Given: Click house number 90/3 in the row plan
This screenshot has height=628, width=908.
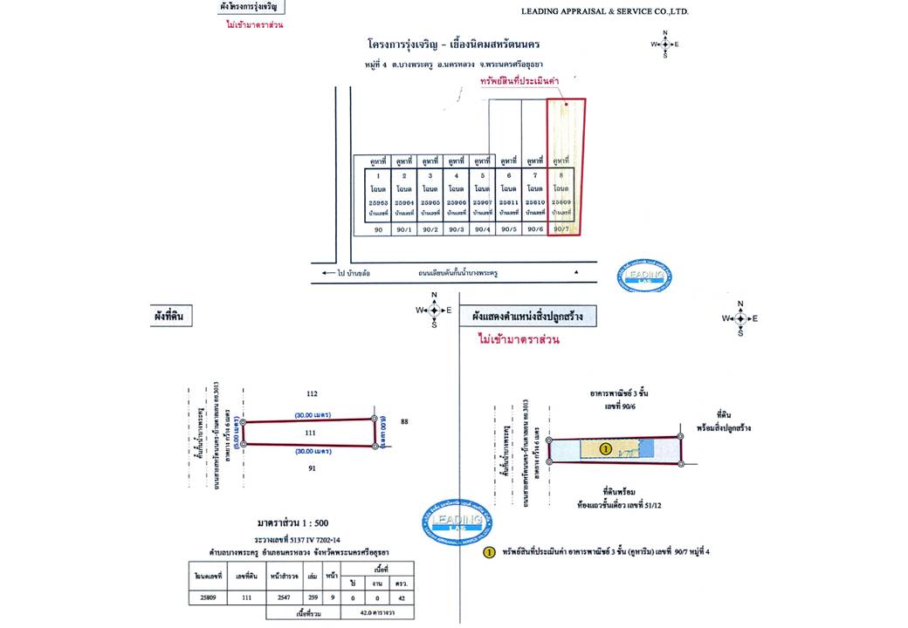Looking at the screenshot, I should (x=456, y=229).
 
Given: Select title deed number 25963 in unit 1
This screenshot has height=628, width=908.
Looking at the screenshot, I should (x=379, y=201).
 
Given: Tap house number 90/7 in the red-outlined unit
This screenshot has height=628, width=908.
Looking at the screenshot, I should (x=561, y=229).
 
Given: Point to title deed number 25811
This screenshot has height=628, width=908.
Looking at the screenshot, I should (x=508, y=201).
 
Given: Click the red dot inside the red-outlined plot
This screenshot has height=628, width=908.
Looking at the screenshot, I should (x=567, y=106).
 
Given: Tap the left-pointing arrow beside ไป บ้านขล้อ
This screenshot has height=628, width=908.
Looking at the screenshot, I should (x=321, y=273).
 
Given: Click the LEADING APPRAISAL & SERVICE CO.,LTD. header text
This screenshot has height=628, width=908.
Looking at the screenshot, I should (x=604, y=11).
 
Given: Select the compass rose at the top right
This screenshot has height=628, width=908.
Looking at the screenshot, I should (x=664, y=44).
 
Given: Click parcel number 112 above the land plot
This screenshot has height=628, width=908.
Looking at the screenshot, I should (x=311, y=393).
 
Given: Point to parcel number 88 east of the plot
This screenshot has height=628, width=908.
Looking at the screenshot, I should (x=404, y=422).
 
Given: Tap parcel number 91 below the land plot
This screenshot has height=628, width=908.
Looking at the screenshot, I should (x=311, y=468).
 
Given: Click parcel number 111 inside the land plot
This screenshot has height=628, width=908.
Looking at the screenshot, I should (x=309, y=432).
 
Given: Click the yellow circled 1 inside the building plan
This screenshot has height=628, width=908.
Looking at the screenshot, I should (x=605, y=449).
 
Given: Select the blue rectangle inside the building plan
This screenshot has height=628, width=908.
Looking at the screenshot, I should (x=646, y=447).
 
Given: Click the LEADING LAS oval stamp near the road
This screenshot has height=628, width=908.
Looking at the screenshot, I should (x=645, y=275).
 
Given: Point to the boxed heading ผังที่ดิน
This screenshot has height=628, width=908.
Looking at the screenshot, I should (x=172, y=315).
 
